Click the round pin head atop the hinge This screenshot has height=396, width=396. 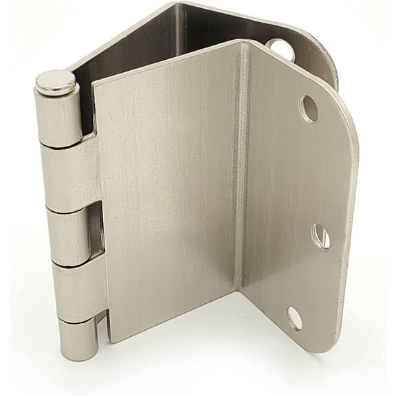click(56, 82)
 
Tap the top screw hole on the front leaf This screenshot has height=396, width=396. click(309, 109)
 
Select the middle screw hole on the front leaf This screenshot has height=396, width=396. click(320, 236)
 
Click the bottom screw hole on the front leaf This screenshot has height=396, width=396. click(294, 318)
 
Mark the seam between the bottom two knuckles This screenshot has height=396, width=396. click(76, 319)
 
